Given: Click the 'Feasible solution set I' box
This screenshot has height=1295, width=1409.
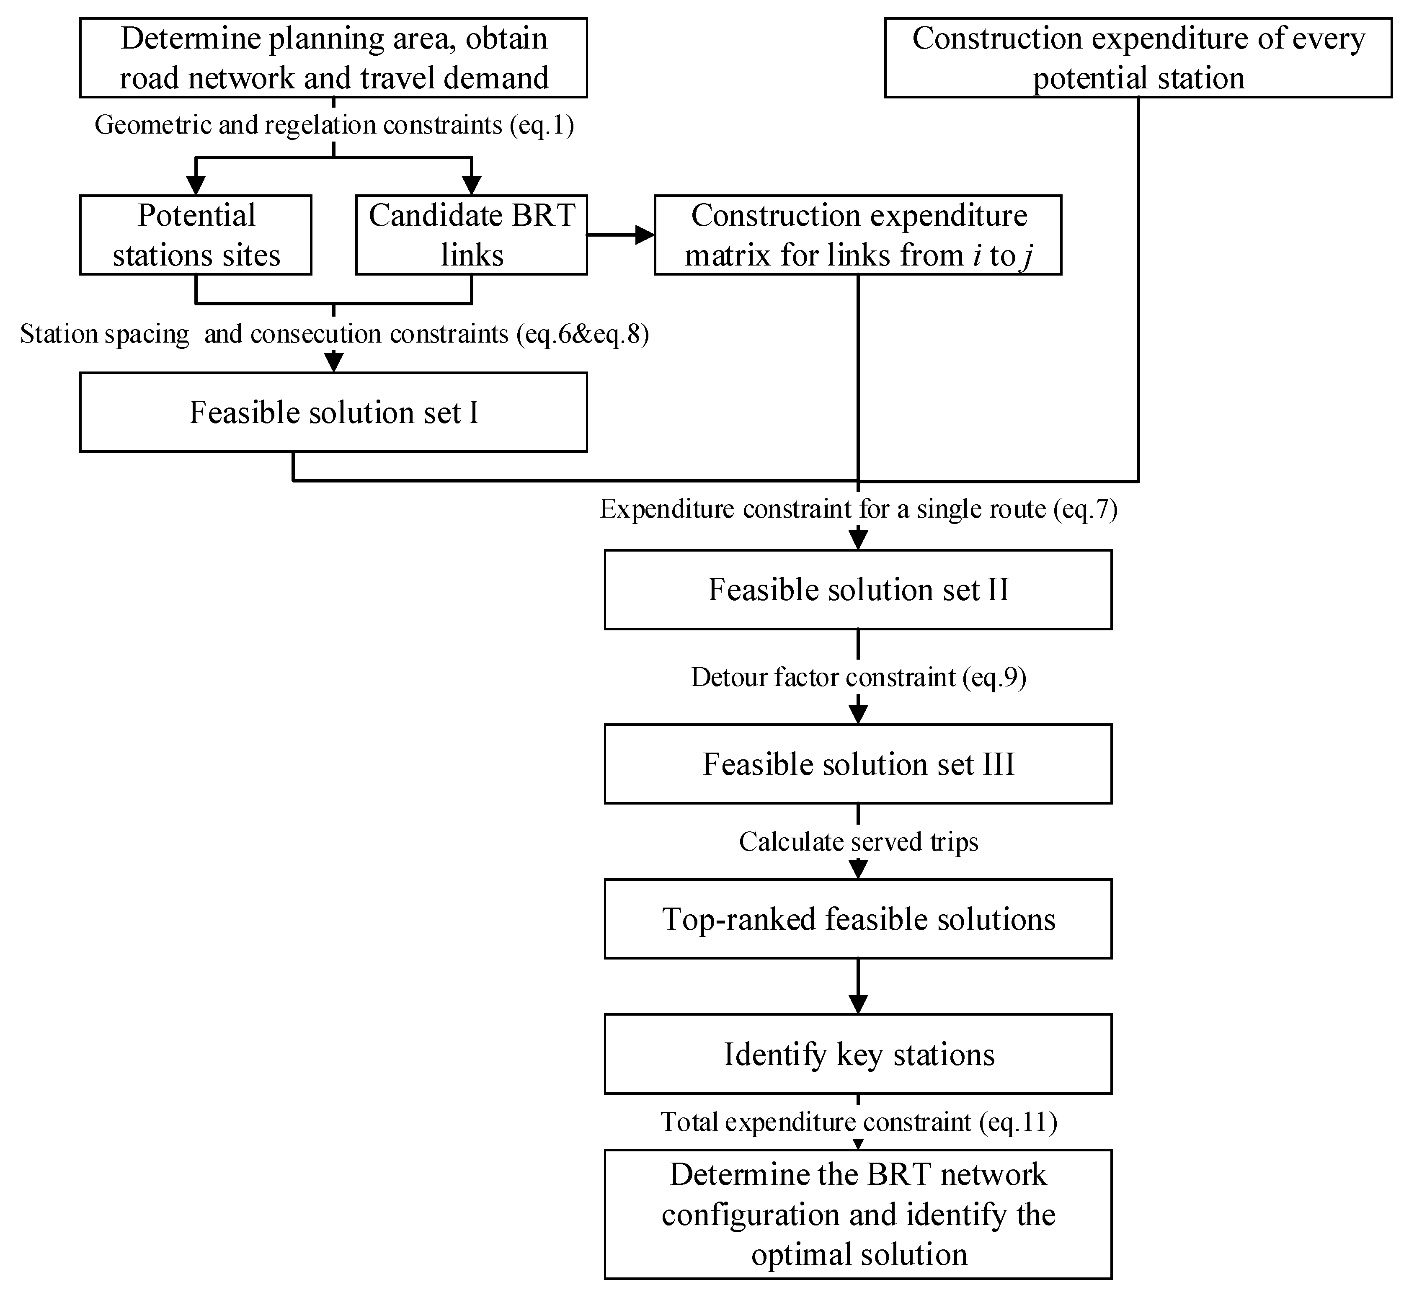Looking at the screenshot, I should [333, 412].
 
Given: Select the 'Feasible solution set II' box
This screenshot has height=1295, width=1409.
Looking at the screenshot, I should [858, 589].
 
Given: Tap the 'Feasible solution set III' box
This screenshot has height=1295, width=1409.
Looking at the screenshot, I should [858, 764].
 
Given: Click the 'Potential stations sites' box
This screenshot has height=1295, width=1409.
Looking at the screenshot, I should [196, 235].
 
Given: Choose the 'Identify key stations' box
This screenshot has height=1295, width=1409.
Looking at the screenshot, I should [858, 1054].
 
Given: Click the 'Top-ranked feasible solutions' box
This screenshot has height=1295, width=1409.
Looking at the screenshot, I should [858, 919].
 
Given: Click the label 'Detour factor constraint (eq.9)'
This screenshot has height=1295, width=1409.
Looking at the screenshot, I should [858, 677].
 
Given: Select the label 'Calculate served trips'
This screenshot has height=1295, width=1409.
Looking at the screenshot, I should [858, 841].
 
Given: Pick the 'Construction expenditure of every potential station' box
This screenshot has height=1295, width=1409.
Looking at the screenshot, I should [1138, 57].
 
